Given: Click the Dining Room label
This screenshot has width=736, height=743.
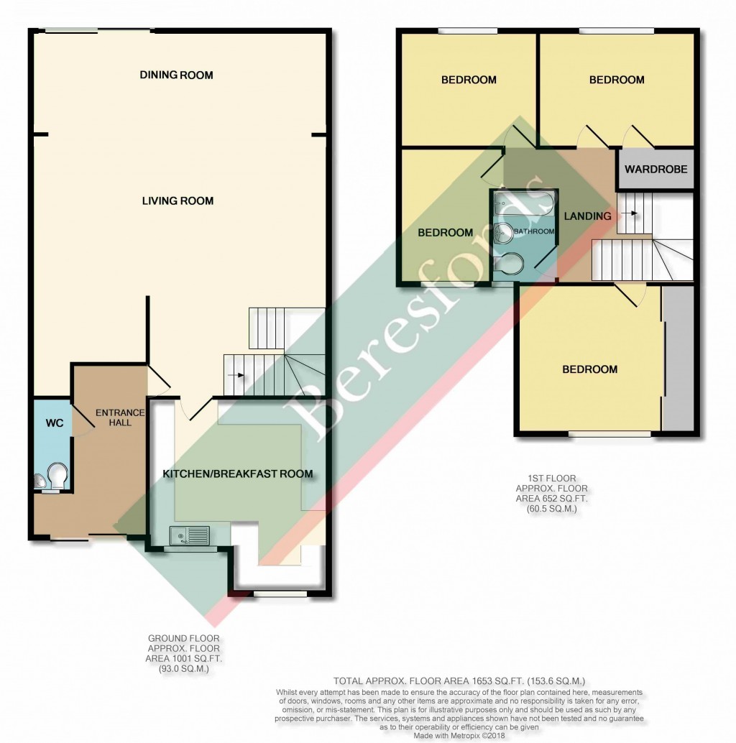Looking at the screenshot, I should [177, 75].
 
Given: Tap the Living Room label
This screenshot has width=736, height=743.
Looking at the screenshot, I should [178, 200].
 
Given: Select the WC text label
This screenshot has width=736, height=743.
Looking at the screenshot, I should [55, 423].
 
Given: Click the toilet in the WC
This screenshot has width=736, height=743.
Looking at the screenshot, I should [57, 475].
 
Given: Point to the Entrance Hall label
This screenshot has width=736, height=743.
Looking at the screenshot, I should [120, 417].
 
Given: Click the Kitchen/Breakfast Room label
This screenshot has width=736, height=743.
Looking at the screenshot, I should [237, 474].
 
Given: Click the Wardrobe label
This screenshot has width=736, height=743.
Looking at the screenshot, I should [655, 170].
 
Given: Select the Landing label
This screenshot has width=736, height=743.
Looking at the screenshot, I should [587, 216].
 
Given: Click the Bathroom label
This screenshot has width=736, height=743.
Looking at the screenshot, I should [538, 231].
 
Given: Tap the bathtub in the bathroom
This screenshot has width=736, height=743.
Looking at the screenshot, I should [521, 205].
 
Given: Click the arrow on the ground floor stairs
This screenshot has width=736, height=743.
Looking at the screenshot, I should [235, 374].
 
